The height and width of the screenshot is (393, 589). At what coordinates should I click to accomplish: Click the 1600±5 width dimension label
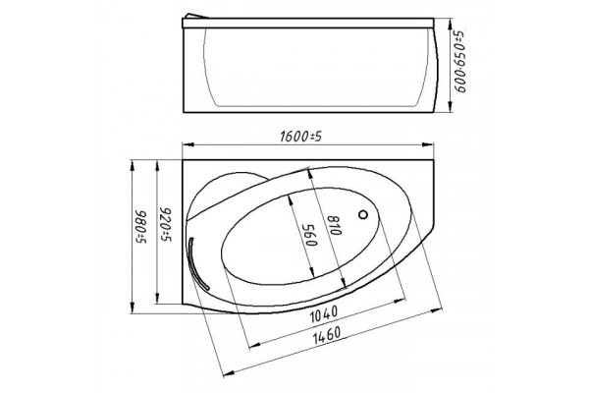[301, 137]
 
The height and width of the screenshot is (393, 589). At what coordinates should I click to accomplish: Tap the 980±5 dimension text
[141, 227]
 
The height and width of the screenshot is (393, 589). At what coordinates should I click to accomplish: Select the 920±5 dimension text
[166, 224]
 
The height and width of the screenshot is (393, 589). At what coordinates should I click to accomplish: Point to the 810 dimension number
[334, 225]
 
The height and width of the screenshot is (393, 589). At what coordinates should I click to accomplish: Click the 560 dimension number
[309, 235]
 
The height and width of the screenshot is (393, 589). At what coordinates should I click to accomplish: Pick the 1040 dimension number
[324, 314]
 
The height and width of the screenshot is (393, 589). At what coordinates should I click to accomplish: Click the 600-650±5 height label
[459, 61]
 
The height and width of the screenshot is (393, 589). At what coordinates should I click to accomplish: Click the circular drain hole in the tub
[363, 215]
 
